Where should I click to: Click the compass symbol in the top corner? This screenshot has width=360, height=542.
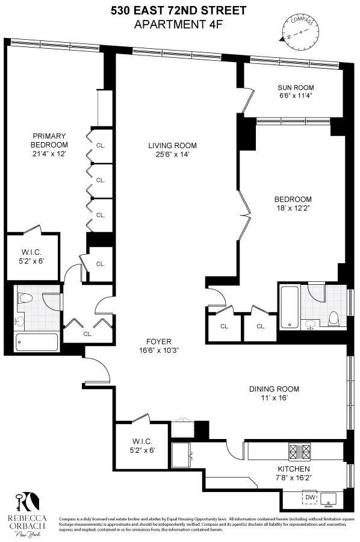click(x=299, y=30)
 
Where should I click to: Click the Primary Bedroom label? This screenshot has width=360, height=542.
click(x=49, y=136)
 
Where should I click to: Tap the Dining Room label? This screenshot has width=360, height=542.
click(x=274, y=388)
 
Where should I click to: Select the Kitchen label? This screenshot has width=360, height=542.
click(x=293, y=469)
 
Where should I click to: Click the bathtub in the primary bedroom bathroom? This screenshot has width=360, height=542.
click(x=37, y=343)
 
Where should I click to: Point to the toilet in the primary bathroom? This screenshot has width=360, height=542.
click(x=25, y=297)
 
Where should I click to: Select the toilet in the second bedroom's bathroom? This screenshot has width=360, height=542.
click(x=332, y=317)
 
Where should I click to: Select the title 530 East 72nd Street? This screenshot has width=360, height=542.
click(x=179, y=10)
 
